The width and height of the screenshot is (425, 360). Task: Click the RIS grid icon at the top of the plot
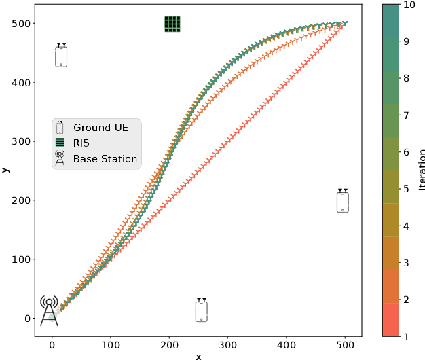click(x=172, y=24)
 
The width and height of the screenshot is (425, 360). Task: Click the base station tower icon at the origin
click(x=49, y=311)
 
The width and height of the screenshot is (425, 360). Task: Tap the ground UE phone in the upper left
click(x=61, y=55)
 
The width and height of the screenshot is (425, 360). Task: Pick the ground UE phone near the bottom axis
click(x=201, y=310)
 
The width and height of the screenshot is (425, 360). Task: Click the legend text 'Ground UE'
click(x=103, y=128)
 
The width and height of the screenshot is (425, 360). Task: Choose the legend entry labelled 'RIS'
click(x=81, y=143)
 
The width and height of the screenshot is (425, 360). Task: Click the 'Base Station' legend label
click(x=105, y=159)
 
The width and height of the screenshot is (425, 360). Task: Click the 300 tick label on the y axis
click(x=20, y=142)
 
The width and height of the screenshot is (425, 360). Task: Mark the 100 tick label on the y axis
click(x=20, y=259)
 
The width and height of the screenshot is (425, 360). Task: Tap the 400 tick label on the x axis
click(x=287, y=345)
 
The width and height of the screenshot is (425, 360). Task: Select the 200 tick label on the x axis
click(x=169, y=345)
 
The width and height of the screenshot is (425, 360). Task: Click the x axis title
click(x=198, y=355)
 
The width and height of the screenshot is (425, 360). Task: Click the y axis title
click(x=5, y=169)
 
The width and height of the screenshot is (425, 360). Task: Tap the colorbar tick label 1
click(x=405, y=336)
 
